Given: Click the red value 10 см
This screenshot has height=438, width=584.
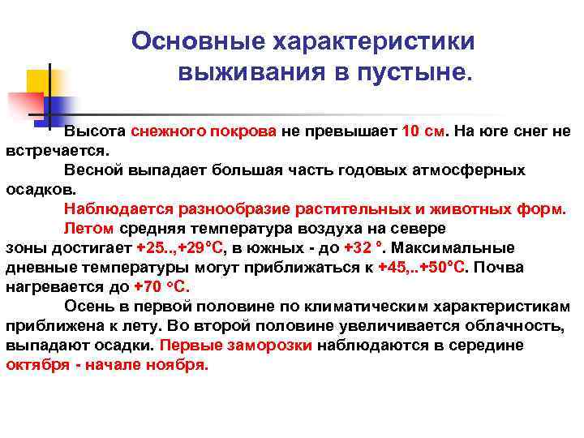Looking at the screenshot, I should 423,132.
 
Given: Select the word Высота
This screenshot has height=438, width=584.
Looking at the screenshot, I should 95,132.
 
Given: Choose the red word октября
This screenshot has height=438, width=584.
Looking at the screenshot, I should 35,365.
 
